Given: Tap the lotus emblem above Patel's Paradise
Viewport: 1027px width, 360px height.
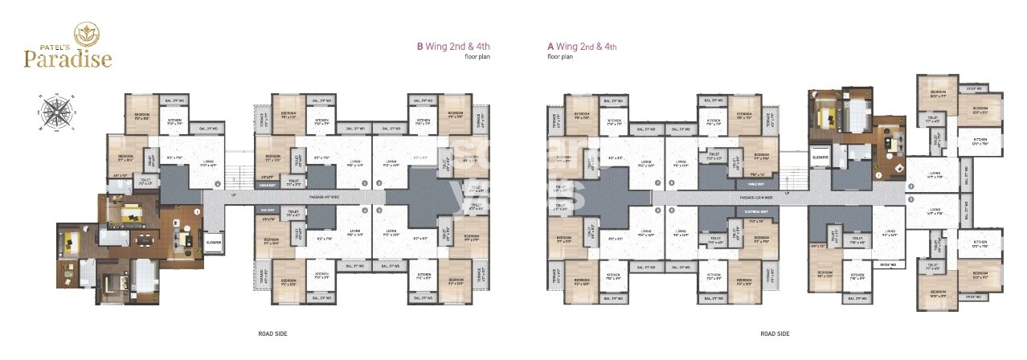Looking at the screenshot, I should pos(85,33).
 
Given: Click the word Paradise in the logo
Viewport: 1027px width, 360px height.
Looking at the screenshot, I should pos(67,59).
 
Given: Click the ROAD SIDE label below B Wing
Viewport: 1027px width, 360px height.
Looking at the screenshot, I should pos(273,333).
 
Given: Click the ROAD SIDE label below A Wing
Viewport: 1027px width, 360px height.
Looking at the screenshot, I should pos(775,333).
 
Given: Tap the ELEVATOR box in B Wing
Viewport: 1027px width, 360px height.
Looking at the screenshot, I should pos(214,243).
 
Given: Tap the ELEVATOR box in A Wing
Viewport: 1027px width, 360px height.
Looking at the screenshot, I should pos(820,157).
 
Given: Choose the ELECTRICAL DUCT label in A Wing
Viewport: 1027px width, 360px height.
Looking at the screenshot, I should pos(716,211).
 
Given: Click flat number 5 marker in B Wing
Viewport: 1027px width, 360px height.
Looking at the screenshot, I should pos(197,211).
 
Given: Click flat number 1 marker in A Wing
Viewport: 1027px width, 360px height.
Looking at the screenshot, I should pos(879,174).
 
